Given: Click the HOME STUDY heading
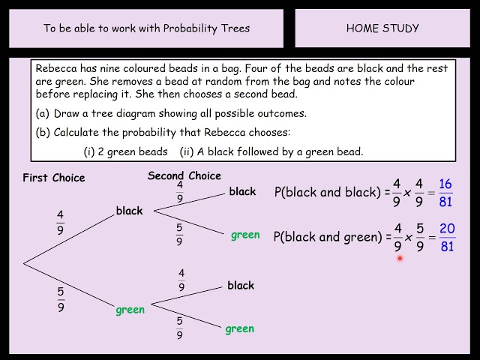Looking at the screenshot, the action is [382, 28].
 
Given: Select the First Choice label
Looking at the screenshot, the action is [54, 178].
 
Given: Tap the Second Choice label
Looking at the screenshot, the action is [184, 175].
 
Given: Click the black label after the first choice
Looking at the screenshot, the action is [129, 211].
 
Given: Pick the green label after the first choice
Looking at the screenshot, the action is [130, 310].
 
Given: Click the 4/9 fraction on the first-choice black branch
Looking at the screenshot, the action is [61, 221].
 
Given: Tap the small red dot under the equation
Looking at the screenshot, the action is [400, 259].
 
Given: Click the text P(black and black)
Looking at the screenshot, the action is [328, 192].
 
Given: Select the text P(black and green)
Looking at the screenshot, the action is [328, 237].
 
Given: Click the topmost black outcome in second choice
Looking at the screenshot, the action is [242, 191].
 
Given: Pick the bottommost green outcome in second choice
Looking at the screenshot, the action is [240, 328].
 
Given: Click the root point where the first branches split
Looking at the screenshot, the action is [24, 262].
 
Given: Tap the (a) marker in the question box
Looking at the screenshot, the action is [42, 114].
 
